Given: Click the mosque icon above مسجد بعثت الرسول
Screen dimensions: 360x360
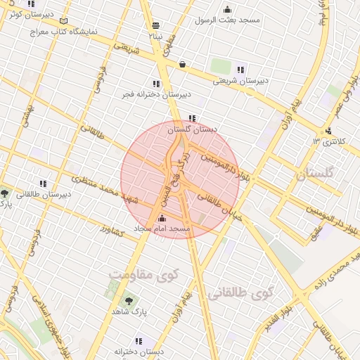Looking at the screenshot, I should (227, 10).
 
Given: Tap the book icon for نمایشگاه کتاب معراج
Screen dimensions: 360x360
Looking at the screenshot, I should (65, 22).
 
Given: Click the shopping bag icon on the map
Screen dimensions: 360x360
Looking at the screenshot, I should (183, 64).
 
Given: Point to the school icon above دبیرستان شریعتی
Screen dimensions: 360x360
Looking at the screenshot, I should (241, 70).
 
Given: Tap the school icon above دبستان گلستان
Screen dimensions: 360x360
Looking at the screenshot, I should (192, 119).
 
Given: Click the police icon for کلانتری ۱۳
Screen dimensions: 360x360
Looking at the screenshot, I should (329, 130).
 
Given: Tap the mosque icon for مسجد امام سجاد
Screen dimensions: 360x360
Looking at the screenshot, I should (163, 219).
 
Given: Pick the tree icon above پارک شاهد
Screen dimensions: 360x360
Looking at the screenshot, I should (127, 301).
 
